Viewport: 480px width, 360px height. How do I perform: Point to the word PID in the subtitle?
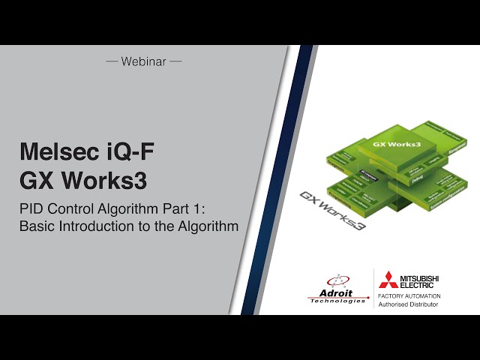tap(31, 208)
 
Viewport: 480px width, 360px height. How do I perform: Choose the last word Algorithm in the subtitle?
tap(210, 225)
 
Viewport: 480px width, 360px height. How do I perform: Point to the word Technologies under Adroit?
tap(337, 301)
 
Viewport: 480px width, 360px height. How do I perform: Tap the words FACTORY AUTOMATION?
tap(409, 296)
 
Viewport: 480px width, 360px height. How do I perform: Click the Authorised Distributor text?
tap(409, 305)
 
